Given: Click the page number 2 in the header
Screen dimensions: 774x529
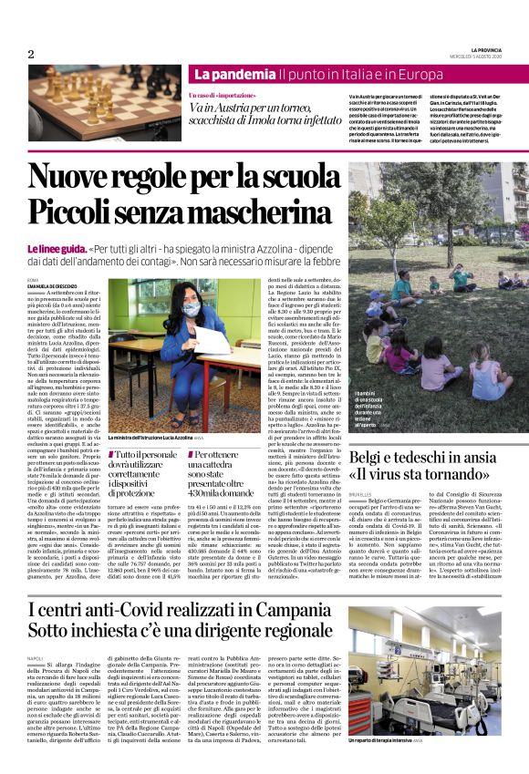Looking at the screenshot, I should click(x=30, y=55).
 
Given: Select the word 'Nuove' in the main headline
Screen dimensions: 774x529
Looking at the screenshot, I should click(x=77, y=176).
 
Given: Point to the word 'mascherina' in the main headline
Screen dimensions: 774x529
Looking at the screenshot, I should click(x=257, y=214).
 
